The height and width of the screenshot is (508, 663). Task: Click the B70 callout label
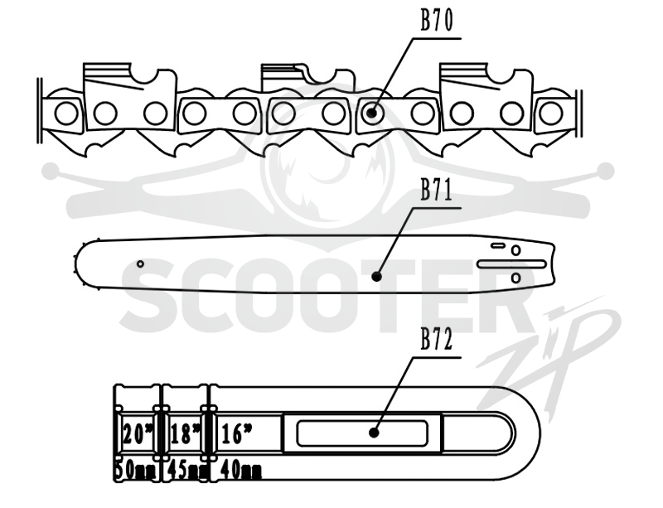(x=437, y=20)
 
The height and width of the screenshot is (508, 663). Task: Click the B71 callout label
(x=437, y=190)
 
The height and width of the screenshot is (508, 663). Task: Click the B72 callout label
(x=437, y=339)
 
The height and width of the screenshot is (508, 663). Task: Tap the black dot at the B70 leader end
(x=371, y=113)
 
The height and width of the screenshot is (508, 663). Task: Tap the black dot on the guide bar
(x=377, y=277)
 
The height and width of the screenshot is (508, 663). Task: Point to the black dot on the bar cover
(x=374, y=433)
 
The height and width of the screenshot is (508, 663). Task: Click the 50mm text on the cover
(x=136, y=471)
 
